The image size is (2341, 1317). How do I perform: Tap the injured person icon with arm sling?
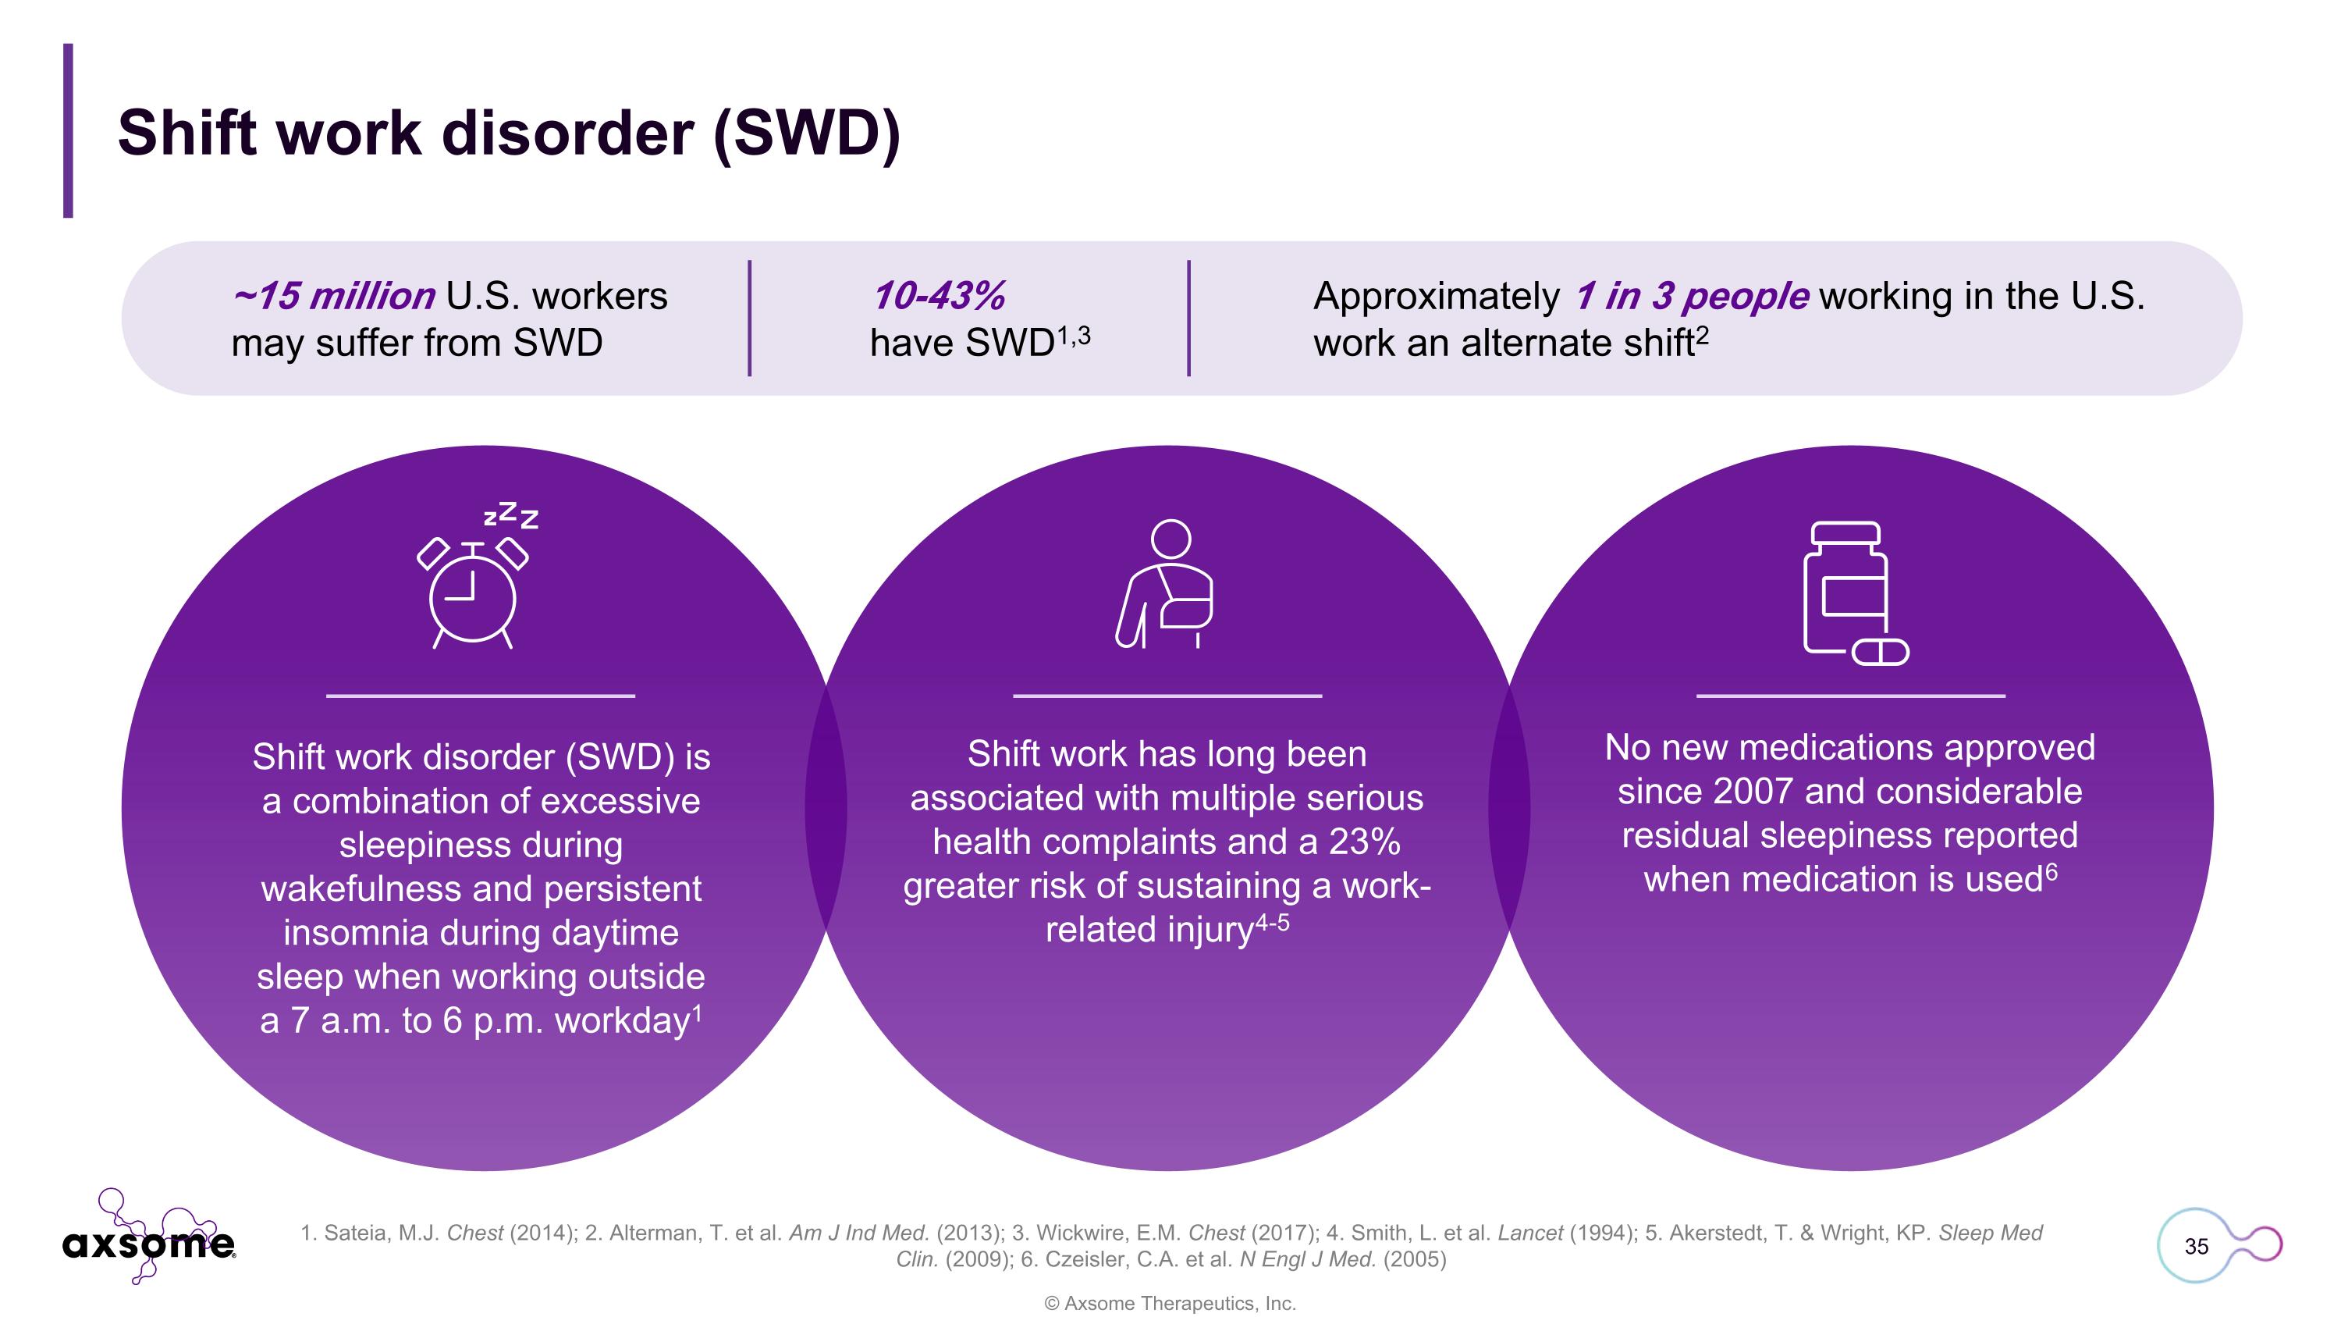point(1167,585)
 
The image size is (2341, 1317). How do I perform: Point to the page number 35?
point(2196,1246)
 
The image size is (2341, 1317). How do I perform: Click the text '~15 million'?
point(333,297)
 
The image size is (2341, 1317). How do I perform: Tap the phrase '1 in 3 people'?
point(1691,297)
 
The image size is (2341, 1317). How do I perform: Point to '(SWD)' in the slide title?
point(807,133)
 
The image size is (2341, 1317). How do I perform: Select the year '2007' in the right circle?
point(1750,792)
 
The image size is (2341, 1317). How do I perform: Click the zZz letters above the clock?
point(512,515)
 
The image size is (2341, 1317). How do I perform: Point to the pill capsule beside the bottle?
point(1881,652)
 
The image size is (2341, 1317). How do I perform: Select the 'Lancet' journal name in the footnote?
point(1529,1233)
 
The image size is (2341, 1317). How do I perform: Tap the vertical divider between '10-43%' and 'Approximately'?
point(1188,318)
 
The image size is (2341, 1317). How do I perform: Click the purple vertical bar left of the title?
point(68,130)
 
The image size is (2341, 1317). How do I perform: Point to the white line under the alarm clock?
point(480,696)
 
